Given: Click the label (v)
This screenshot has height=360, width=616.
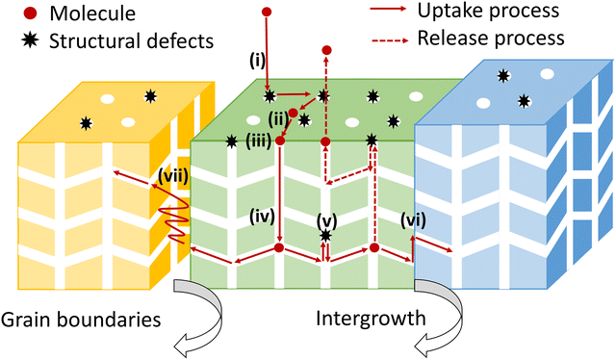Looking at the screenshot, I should tap(326, 217).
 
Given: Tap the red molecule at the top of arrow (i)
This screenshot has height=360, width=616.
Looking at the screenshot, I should tap(268, 13).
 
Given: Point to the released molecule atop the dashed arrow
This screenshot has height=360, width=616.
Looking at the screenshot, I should tap(327, 49).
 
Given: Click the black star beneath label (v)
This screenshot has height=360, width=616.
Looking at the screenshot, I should tap(326, 235).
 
